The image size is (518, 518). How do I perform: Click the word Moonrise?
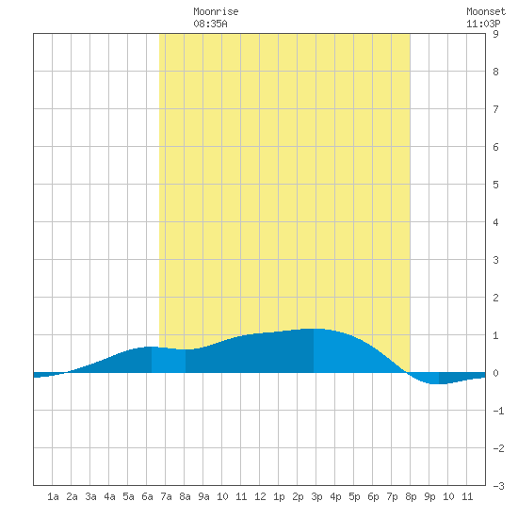216,11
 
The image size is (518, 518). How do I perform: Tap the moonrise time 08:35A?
210,24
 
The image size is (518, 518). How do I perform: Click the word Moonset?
486,11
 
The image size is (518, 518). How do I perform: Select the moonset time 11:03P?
483,24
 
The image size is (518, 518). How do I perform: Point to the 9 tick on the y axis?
495,34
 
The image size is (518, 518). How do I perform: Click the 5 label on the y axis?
495,185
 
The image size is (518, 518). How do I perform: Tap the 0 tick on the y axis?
495,373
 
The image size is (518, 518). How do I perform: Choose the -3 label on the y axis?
498,486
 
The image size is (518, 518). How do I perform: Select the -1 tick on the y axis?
498,411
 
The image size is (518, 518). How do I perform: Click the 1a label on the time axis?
53,496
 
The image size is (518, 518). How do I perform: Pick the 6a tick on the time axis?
147,496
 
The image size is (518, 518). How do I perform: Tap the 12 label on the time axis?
260,496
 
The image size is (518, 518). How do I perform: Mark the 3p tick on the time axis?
316,496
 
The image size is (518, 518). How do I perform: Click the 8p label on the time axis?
411,496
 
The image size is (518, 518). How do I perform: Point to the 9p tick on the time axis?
429,496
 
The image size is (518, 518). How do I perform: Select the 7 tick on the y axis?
495,109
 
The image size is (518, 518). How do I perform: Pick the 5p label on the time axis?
354,496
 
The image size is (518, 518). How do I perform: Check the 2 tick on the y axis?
495,298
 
